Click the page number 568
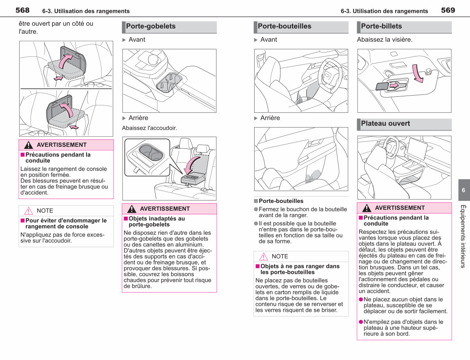point(22,10)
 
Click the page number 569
point(448,10)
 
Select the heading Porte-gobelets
point(151,26)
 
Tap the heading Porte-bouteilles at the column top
point(284,26)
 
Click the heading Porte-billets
point(381,26)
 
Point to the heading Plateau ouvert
point(385,123)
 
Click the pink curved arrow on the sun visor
point(418,74)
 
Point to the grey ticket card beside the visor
point(382,86)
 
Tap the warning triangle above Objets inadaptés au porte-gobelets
point(132,209)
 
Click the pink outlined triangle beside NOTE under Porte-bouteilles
point(264,257)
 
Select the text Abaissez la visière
point(385,40)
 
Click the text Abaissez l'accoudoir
point(149,128)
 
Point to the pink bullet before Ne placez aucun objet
point(361,299)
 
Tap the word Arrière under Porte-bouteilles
point(270,118)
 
